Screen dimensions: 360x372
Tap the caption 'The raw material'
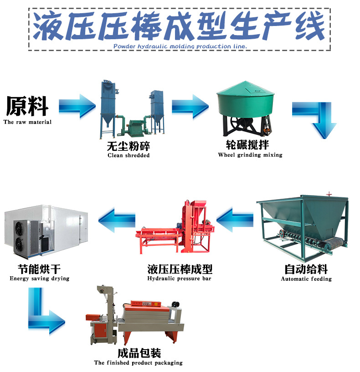(27, 122)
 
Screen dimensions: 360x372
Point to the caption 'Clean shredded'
(129, 155)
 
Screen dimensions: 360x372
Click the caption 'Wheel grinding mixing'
(250, 155)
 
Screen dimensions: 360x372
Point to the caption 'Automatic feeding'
(306, 279)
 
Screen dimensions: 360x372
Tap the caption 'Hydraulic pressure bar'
(180, 279)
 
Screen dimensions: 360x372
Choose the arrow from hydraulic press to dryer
(118, 219)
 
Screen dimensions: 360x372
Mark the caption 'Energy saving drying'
(40, 279)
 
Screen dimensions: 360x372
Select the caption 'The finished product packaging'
(139, 363)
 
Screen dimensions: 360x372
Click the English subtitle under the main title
(180, 46)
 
